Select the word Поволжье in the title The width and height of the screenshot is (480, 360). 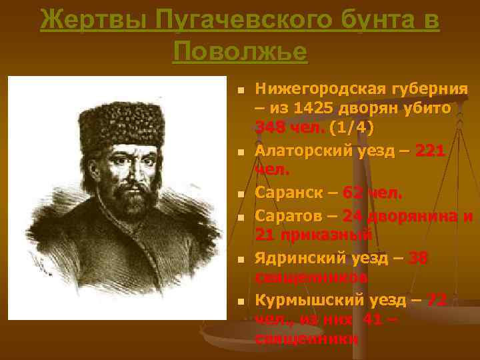[240, 51]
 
